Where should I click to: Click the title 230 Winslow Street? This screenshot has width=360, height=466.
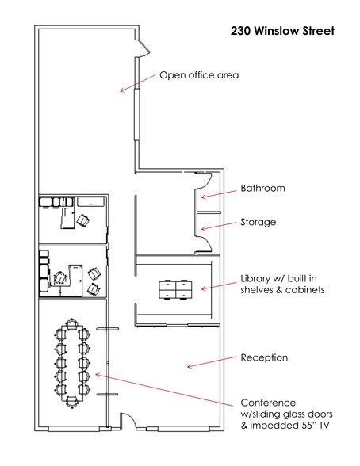click(282, 31)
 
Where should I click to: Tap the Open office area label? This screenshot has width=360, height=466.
click(199, 74)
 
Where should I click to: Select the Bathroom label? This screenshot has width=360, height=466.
click(262, 188)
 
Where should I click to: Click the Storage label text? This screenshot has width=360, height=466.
click(258, 222)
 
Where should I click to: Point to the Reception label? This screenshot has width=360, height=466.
click(264, 357)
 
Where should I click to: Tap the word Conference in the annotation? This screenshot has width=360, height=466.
click(268, 403)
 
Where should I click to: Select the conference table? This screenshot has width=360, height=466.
click(71, 363)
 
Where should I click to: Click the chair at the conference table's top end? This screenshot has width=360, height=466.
click(71, 324)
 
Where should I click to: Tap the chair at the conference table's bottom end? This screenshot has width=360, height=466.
click(71, 402)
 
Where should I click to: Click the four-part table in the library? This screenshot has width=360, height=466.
click(175, 289)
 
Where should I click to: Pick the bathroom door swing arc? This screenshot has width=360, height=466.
click(205, 184)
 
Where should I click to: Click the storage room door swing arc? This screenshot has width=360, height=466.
click(205, 242)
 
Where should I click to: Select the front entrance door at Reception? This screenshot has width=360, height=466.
click(128, 420)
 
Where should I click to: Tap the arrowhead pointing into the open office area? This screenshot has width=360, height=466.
click(121, 90)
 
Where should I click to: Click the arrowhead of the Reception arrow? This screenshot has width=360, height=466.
click(189, 366)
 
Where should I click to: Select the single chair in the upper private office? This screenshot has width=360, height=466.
click(83, 220)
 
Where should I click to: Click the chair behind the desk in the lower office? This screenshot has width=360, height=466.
click(60, 278)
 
